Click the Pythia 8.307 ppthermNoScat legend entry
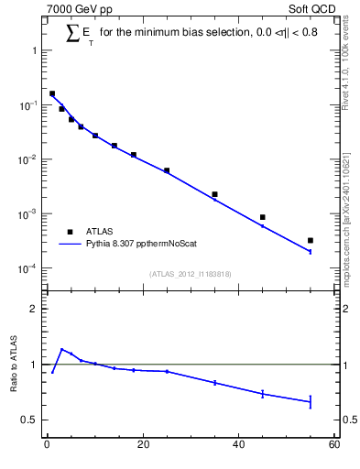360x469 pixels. tap(133, 245)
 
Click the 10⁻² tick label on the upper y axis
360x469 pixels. tap(28, 159)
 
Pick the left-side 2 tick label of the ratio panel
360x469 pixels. tap(32, 309)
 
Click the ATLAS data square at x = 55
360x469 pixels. tap(311, 240)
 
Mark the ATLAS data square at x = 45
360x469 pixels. tap(263, 217)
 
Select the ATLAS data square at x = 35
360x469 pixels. tap(214, 194)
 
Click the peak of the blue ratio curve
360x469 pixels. tap(61, 349)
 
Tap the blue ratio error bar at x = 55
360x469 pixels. tap(311, 401)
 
